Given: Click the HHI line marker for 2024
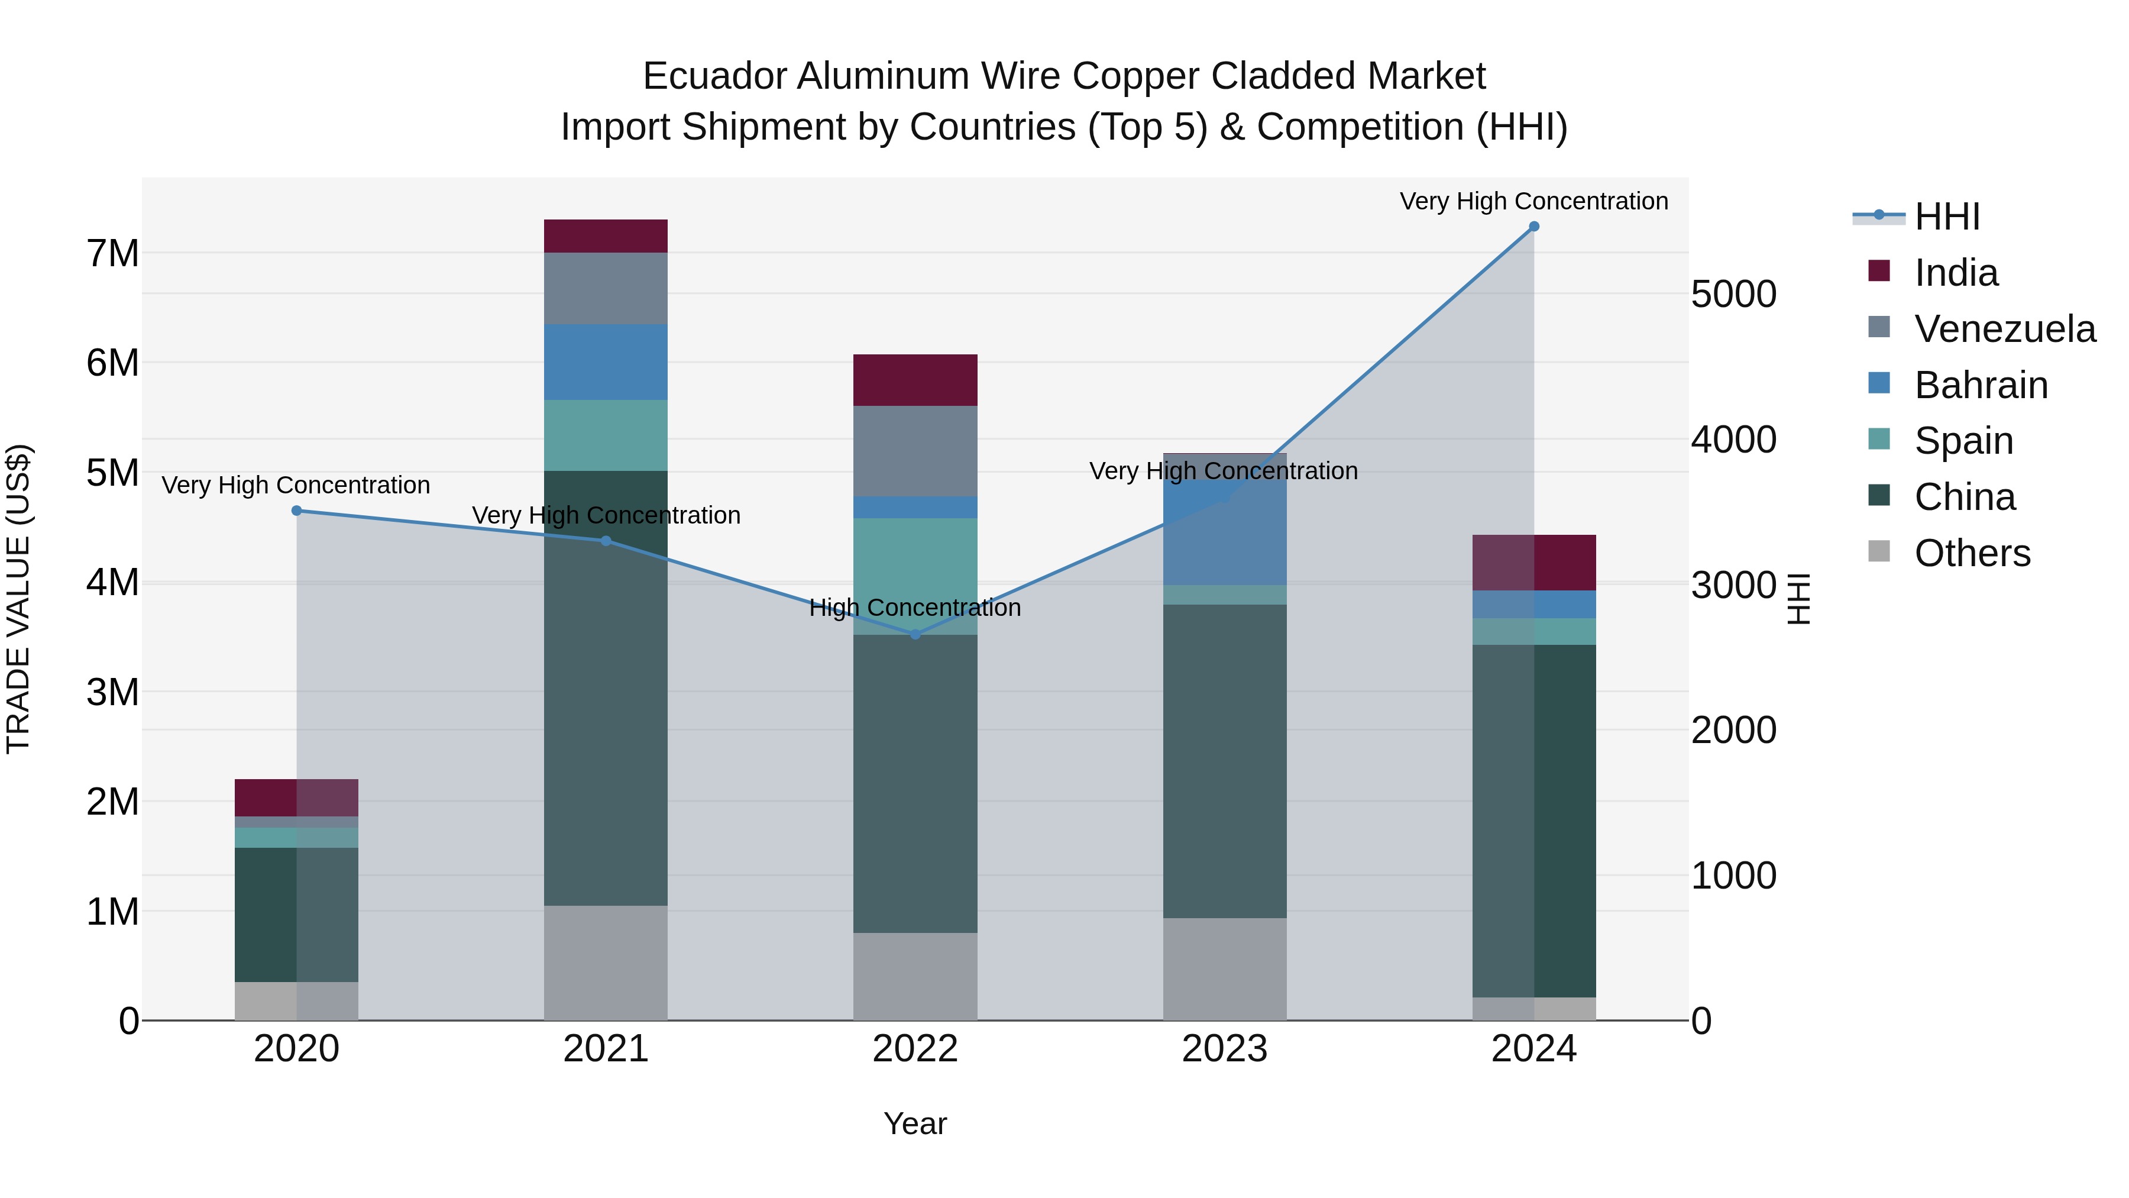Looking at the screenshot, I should [1534, 227].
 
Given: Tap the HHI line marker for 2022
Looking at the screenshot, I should [915, 634].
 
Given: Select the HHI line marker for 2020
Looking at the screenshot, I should [297, 511].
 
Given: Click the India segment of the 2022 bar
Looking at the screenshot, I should [915, 380].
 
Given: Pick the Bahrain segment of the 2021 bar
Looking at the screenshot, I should [606, 362].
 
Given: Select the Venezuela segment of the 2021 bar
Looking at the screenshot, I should [606, 289].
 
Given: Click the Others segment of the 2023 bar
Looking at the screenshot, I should [1224, 969].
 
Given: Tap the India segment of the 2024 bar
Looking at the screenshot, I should [1534, 563].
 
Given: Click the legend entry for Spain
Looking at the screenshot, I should [1963, 441].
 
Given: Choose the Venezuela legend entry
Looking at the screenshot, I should [2004, 329].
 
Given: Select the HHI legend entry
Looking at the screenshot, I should [1946, 217].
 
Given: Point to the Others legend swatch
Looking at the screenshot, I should [1879, 551].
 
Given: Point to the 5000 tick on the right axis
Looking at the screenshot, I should [1733, 295].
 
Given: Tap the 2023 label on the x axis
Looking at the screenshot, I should [1224, 1049].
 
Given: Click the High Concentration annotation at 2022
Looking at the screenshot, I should [915, 608].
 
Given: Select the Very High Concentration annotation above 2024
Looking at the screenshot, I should [1534, 201].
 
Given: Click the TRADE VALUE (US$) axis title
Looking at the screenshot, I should [18, 599].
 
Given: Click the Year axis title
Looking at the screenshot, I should [915, 1123].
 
